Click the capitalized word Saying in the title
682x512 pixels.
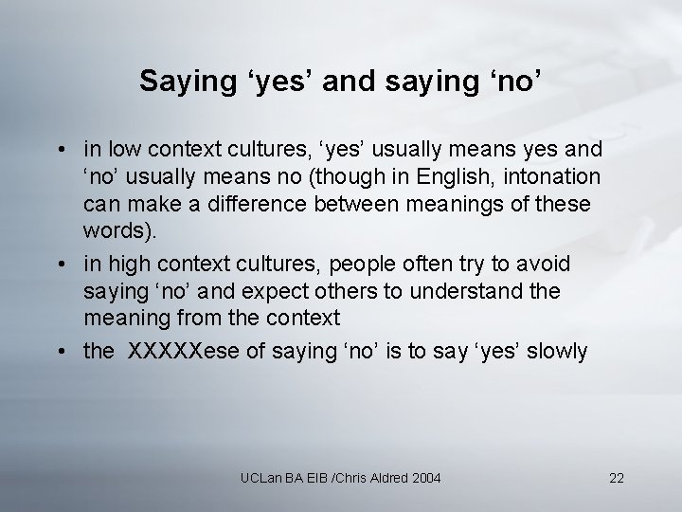[181, 82]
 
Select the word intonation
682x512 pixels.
[561, 177]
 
